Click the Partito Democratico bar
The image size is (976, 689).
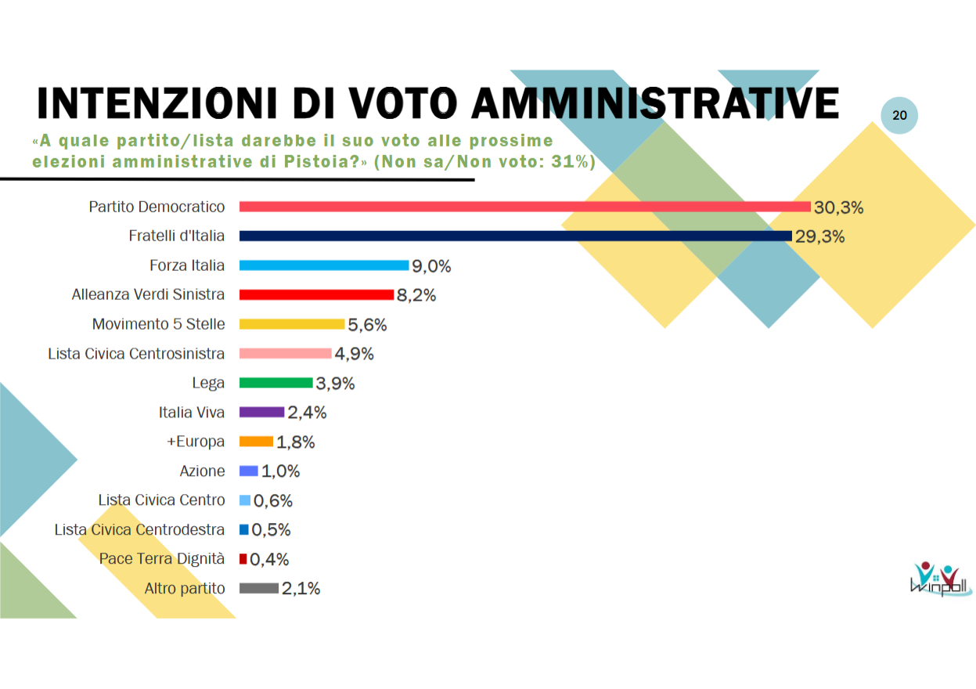[524, 207]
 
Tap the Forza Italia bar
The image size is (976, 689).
[323, 265]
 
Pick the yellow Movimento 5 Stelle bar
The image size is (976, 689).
[291, 324]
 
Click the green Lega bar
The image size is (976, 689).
[276, 383]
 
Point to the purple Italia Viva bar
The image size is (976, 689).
[261, 412]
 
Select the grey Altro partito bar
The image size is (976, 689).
[258, 588]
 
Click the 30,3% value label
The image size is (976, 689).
[838, 207]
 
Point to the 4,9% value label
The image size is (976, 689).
[354, 354]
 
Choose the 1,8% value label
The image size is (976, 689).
[295, 442]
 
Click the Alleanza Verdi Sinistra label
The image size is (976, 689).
[148, 295]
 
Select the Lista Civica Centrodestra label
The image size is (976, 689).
[139, 530]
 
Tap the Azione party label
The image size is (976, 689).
[202, 471]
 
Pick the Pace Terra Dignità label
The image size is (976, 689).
[162, 559]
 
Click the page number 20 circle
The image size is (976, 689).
[899, 115]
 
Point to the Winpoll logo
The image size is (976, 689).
[942, 579]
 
